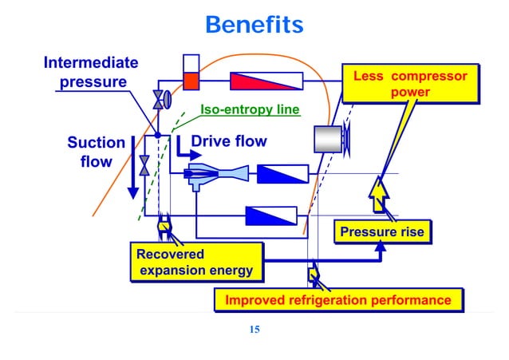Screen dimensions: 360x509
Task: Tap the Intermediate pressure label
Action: point(90,72)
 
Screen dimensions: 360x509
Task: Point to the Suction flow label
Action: point(95,152)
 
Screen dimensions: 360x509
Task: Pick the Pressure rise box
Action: point(381,232)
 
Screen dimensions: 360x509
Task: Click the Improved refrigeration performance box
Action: point(337,300)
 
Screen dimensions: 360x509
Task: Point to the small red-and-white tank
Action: point(191,72)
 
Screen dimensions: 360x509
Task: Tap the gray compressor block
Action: point(327,139)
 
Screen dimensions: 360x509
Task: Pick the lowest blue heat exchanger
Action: point(270,215)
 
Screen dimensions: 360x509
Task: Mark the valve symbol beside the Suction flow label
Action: point(144,166)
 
